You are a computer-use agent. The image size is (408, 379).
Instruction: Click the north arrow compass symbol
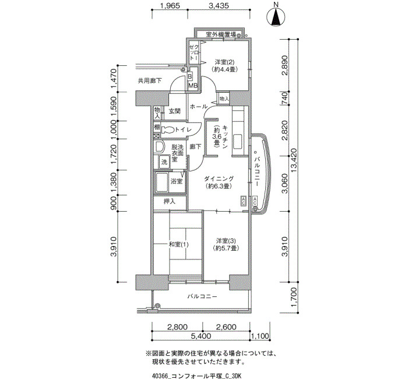[276, 16]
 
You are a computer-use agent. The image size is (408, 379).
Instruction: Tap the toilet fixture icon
[168, 129]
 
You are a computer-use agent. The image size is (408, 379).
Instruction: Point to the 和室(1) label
[178, 244]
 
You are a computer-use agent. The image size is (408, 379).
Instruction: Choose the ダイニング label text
[219, 178]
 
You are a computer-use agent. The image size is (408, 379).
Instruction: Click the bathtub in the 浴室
[161, 182]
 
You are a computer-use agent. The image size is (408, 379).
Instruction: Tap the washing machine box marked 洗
[164, 162]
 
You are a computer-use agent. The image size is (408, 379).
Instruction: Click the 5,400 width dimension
[201, 336]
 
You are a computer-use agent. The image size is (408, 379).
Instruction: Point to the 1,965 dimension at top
[170, 6]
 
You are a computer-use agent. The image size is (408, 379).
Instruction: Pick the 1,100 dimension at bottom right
[259, 336]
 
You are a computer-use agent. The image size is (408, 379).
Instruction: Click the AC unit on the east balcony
[255, 201]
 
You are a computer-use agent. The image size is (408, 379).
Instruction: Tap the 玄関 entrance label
[175, 111]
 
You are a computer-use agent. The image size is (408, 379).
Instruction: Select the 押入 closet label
[170, 201]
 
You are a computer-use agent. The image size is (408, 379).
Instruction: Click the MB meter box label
[193, 86]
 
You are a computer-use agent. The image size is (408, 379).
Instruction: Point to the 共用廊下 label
[150, 80]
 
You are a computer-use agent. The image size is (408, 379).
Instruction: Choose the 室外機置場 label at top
[221, 34]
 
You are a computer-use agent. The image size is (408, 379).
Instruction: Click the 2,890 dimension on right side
[285, 65]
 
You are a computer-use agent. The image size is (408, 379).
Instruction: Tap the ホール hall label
[199, 107]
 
